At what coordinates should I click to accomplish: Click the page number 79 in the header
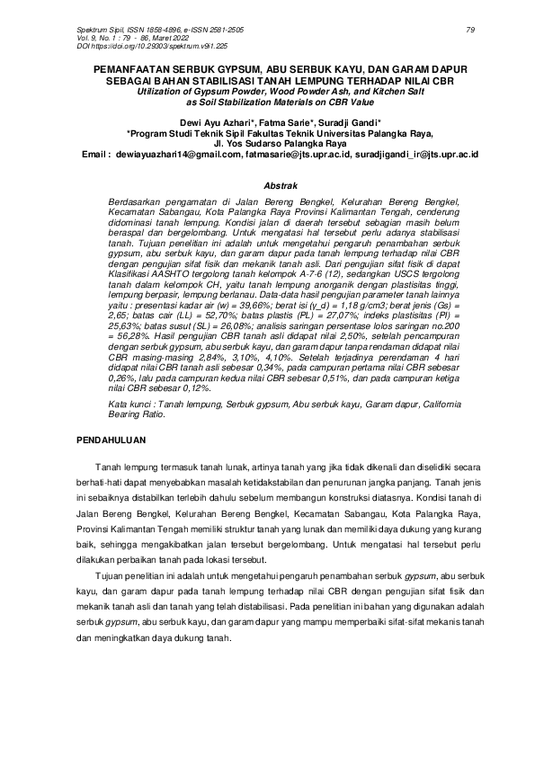(470, 30)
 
